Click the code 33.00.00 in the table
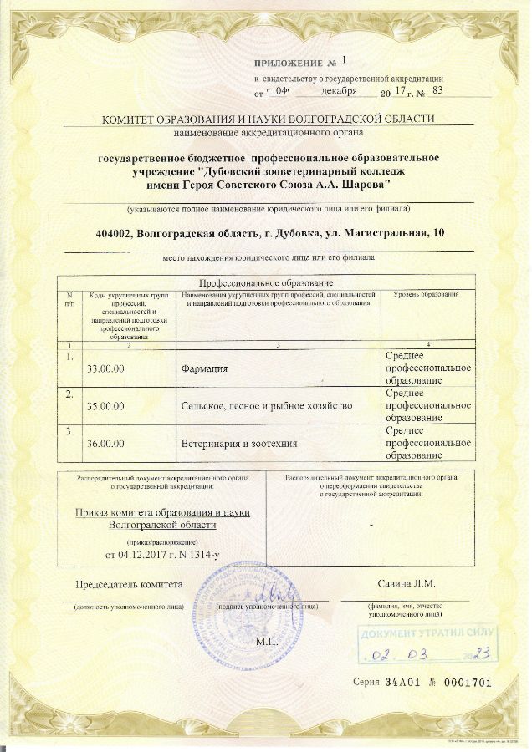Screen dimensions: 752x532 [x=105, y=368]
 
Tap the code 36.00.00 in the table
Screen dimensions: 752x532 [x=105, y=443]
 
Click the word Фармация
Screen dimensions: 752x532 [x=204, y=368]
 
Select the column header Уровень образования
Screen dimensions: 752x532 [x=427, y=295]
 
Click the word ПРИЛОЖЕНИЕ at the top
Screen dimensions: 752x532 [x=289, y=64]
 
